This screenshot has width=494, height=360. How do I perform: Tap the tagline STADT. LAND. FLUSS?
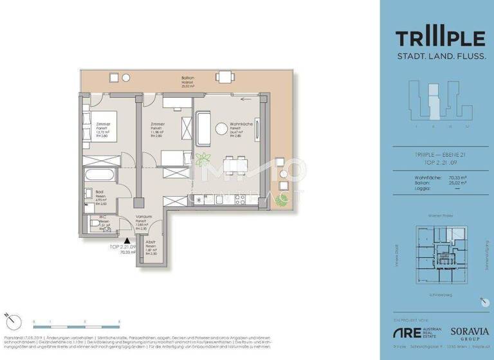point(440,57)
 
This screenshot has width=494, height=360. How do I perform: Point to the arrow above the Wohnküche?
point(245,99)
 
